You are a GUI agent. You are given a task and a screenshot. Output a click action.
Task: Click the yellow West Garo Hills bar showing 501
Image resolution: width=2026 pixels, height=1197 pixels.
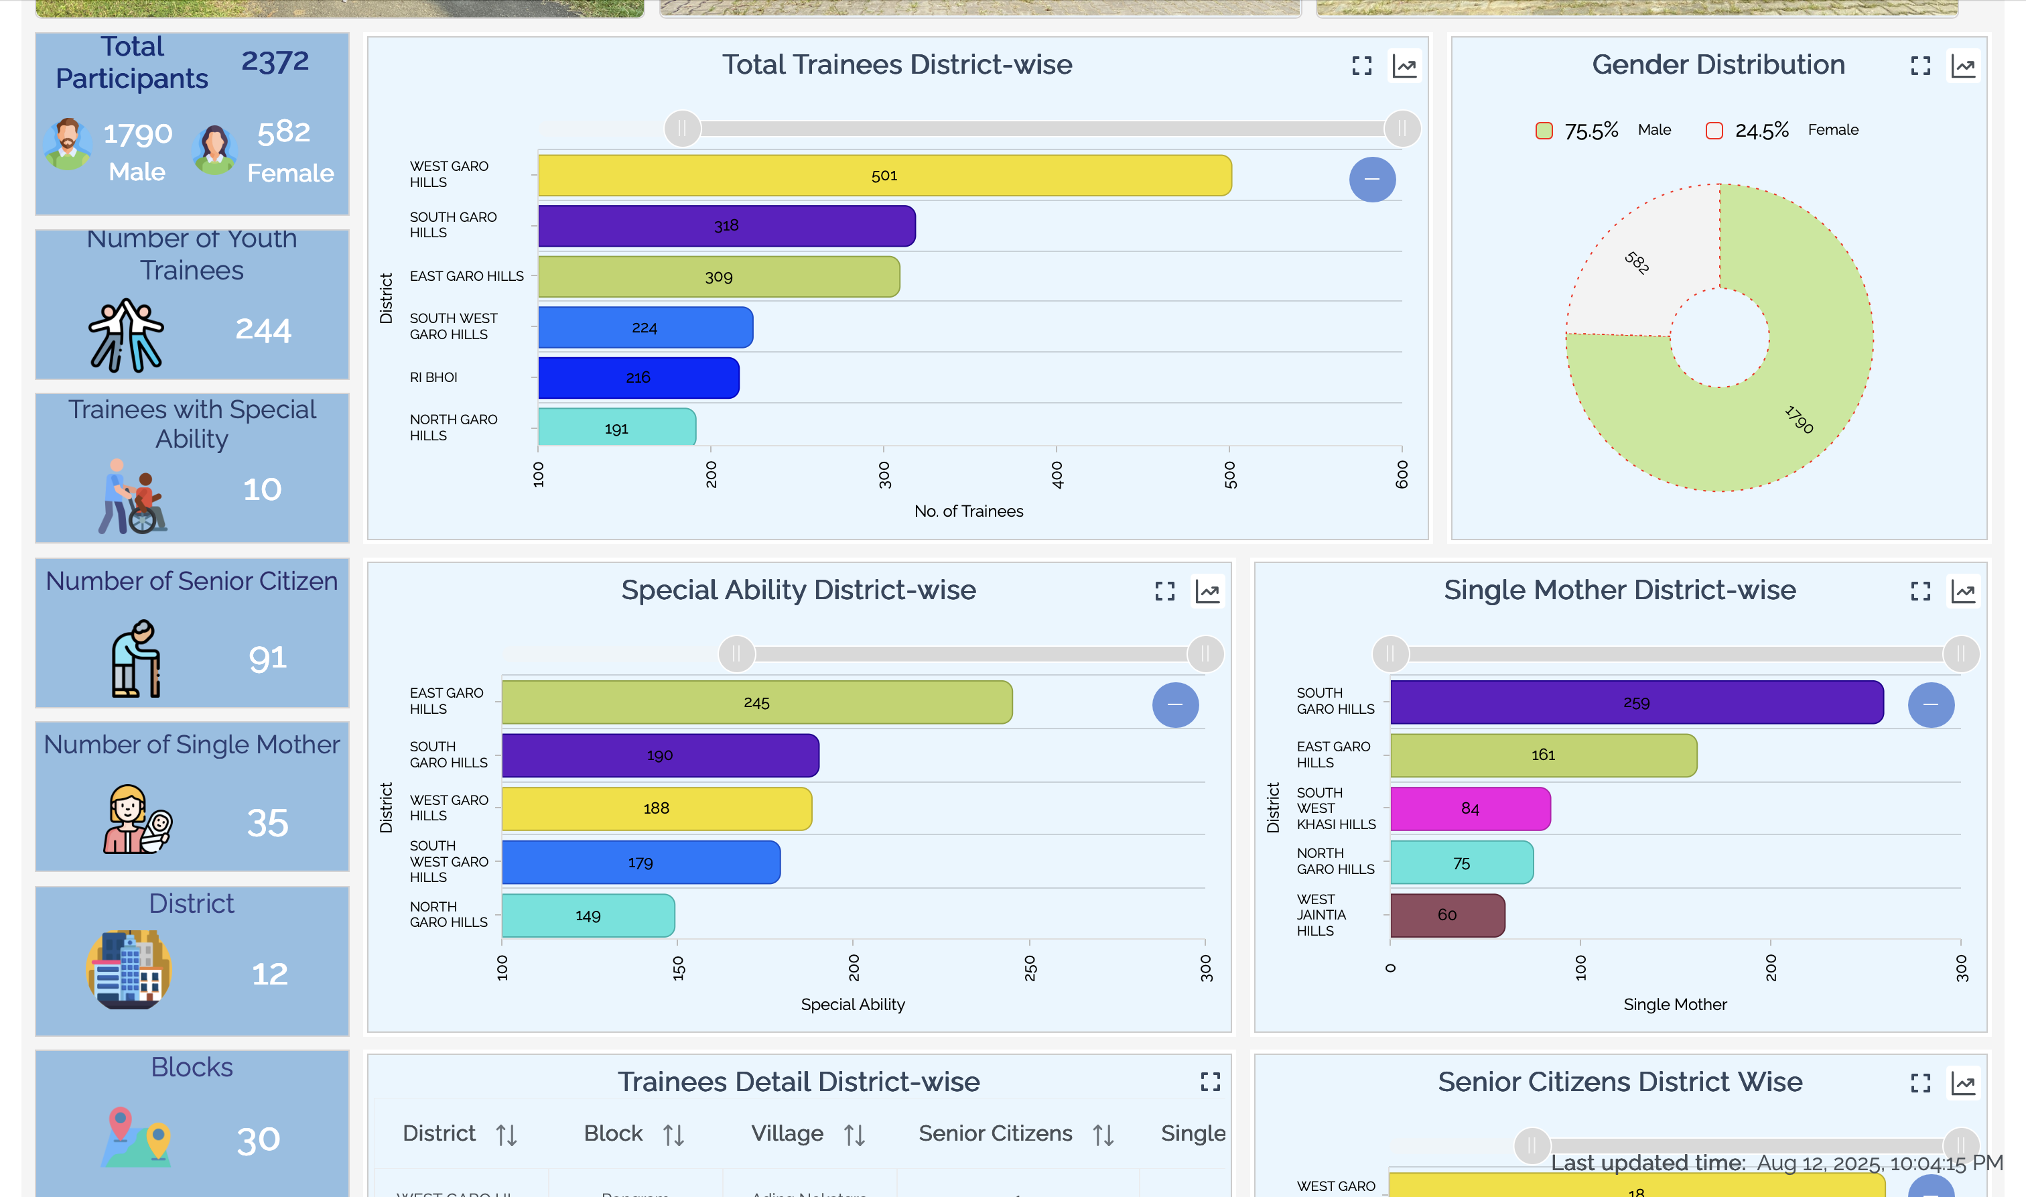[x=884, y=176]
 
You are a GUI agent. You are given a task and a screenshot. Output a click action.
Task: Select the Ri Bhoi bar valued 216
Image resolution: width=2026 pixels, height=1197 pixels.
[x=638, y=377]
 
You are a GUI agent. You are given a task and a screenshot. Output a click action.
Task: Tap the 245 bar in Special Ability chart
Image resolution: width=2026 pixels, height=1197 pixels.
[x=756, y=702]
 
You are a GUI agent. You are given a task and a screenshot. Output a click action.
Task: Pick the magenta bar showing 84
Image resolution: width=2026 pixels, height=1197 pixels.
[x=1470, y=808]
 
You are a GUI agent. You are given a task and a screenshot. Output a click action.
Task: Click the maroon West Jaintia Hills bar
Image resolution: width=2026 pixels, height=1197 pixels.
[x=1447, y=915]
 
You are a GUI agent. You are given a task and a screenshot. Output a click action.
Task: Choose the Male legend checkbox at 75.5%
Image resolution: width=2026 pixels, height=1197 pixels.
[x=1544, y=131]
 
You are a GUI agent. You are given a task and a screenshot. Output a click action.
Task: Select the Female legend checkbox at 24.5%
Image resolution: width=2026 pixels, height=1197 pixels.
[x=1714, y=131]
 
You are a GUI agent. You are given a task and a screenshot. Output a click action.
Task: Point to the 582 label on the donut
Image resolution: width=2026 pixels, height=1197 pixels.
[x=1637, y=262]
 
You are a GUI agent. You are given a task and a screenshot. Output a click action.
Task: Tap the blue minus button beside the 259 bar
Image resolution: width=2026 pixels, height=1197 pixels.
[x=1931, y=704]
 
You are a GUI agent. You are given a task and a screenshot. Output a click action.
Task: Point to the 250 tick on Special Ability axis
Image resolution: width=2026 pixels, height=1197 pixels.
[x=1030, y=967]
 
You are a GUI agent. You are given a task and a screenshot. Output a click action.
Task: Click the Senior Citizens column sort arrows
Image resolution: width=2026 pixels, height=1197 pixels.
[x=1103, y=1135]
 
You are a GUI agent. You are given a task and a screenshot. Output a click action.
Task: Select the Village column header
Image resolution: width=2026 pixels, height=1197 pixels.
[x=787, y=1133]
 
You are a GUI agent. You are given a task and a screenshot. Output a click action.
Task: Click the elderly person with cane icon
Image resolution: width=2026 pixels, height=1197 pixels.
[x=135, y=658]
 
